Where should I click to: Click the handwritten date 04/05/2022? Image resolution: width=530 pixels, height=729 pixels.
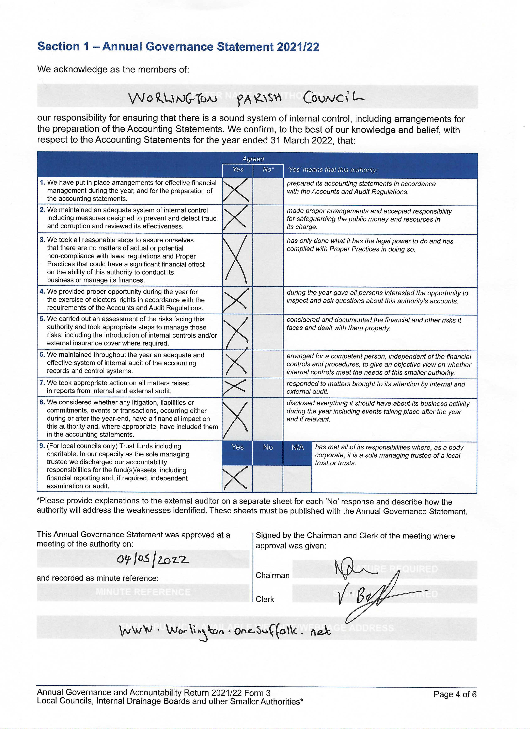153,560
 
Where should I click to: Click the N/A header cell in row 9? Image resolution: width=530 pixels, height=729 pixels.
297,447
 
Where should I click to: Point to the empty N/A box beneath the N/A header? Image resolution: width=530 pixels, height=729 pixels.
297,478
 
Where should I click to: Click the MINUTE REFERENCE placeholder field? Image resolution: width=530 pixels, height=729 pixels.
143,592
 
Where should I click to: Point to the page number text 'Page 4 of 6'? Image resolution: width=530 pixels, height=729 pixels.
455,694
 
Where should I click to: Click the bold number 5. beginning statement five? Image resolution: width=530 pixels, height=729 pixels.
42,319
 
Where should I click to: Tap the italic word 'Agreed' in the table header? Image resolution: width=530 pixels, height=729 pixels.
253,159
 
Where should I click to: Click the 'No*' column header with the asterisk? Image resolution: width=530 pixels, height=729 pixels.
268,170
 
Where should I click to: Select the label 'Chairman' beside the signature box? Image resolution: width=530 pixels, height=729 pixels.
272,575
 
